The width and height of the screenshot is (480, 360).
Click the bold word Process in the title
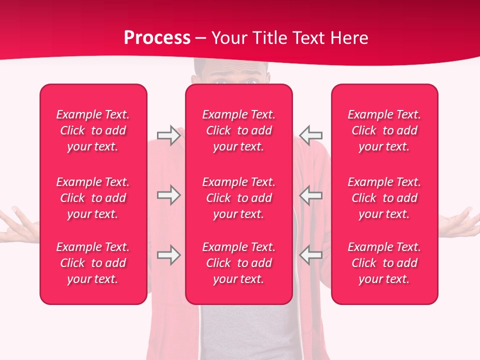tap(157, 38)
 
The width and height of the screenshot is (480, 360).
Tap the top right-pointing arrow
tap(168, 135)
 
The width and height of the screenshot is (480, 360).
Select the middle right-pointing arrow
tap(168, 195)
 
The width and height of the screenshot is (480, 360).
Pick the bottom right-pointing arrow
tap(168, 255)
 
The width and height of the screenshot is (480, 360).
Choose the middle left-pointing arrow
tap(310, 195)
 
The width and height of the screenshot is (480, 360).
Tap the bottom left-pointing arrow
tap(310, 255)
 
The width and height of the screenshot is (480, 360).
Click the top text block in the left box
tap(93, 130)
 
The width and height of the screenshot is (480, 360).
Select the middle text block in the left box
tap(93, 198)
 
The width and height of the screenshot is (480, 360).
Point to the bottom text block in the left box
tap(93, 263)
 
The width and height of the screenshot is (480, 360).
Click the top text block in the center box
tap(239, 130)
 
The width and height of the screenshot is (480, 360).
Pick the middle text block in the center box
tap(239, 198)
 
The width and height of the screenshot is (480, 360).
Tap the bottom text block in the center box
tap(239, 263)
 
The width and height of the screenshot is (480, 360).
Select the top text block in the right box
tap(384, 130)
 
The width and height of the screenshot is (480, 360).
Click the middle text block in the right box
tap(384, 198)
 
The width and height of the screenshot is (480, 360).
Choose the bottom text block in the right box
tap(384, 263)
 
